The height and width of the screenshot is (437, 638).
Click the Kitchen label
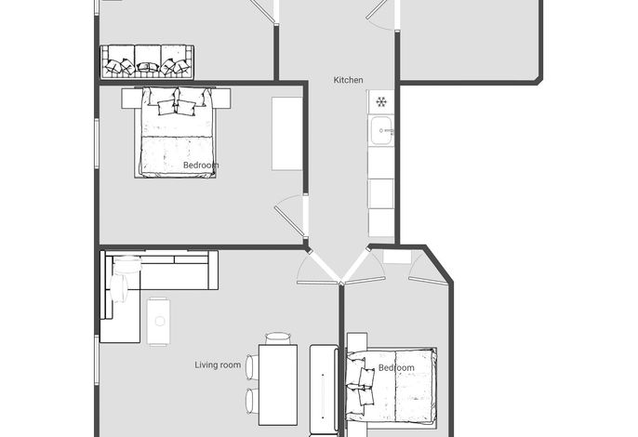coord(348,80)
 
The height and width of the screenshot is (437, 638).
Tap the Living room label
coord(218,365)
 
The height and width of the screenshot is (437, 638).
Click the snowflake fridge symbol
coord(381,101)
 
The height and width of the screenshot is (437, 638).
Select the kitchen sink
coord(381,130)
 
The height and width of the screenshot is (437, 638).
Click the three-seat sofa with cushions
coord(147,62)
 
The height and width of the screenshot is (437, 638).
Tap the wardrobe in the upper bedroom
coord(286,134)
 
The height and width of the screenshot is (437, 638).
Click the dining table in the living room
coord(278,385)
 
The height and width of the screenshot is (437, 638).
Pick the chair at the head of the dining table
coord(278,338)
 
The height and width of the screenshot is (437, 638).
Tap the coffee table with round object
coord(159,321)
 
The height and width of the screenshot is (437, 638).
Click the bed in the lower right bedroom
coord(391,385)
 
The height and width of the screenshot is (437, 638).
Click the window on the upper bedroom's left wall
coord(97,143)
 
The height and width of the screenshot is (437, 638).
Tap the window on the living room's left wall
coord(97,360)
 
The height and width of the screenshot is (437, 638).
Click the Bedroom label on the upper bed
coord(201,166)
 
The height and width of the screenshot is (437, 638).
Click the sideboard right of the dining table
coord(324,390)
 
